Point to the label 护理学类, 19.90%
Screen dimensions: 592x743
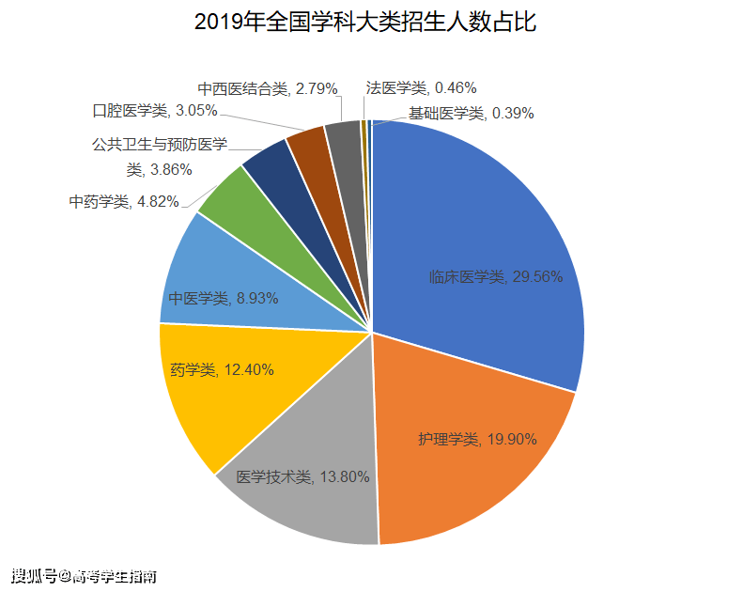coord(477,439)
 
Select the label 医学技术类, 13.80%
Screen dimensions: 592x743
coord(302,476)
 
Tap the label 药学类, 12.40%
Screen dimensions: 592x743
coord(222,370)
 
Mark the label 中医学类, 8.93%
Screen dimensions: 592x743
coord(210,299)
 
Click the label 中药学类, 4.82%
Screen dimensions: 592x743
coord(124,201)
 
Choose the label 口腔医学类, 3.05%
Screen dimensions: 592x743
coord(155,111)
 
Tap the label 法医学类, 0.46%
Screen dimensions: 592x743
coord(421,88)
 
